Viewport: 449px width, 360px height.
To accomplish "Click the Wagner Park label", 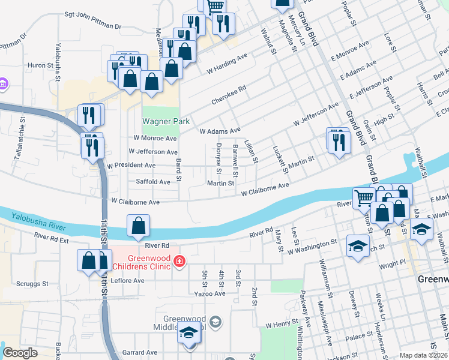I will click(161, 121).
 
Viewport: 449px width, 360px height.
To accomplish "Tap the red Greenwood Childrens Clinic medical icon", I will click(179, 261).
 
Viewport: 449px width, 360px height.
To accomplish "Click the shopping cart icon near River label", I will click(363, 197).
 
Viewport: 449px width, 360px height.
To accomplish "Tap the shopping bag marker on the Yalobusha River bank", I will click(138, 226).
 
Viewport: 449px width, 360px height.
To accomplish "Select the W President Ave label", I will click(131, 165).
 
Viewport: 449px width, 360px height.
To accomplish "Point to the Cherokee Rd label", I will click(229, 95).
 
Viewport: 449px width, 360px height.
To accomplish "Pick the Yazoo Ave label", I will click(209, 293).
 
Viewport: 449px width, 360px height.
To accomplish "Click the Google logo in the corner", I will click(20, 353).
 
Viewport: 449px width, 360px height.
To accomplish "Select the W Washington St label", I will click(312, 247).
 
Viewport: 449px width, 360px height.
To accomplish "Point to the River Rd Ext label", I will click(52, 237).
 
